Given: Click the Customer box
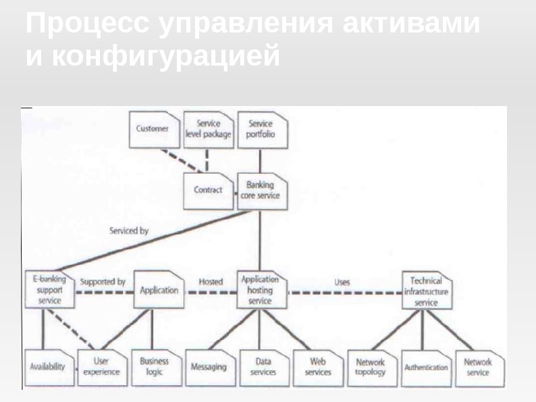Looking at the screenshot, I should [153, 129].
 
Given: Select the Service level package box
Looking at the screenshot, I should [208, 129].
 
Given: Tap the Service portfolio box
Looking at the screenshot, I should [261, 129].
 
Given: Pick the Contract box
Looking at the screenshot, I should [208, 190].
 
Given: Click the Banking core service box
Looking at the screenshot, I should [261, 190].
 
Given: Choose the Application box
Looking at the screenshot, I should [159, 291].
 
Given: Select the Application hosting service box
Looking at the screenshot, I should [261, 290].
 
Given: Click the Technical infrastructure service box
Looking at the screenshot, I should [426, 291].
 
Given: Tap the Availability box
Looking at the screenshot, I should [48, 367].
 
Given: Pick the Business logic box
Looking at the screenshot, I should [155, 367].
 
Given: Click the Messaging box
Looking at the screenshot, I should [209, 368].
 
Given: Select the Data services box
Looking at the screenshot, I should [263, 367].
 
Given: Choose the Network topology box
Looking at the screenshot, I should [371, 367].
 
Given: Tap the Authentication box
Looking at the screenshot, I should [425, 368].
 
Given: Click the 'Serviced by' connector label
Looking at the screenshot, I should [128, 231].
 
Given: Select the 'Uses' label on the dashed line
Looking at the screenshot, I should [342, 281].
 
